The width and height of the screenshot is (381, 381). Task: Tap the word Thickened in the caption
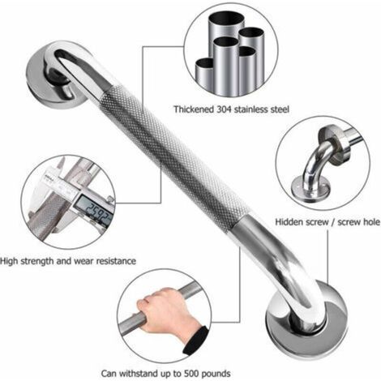click(194, 109)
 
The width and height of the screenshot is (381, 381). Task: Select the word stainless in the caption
click(251, 109)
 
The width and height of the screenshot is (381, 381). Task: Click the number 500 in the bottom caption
click(191, 374)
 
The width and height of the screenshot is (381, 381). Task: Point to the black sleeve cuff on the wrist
click(196, 340)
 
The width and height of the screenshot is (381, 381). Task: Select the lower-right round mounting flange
click(306, 319)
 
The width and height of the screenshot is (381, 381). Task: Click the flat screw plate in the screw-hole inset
click(310, 190)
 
